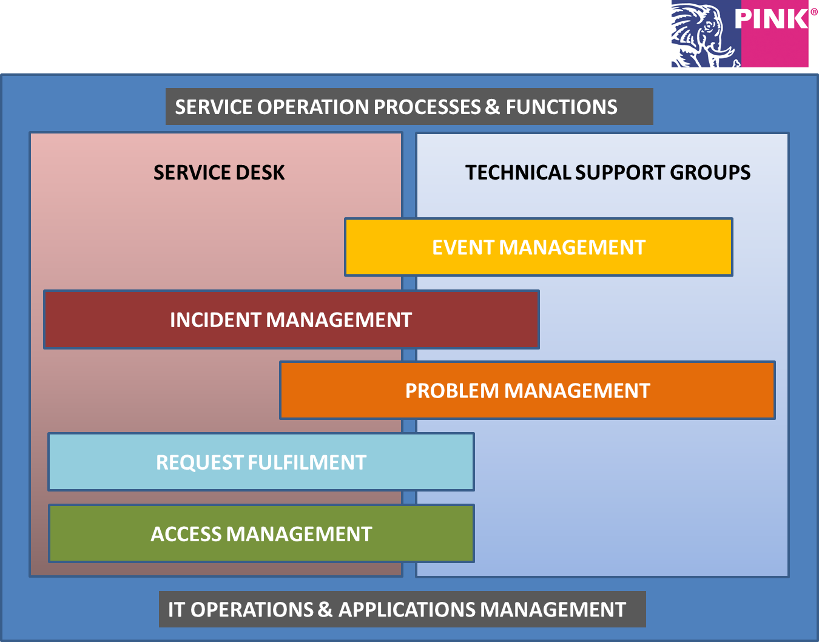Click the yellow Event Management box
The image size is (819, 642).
point(539,247)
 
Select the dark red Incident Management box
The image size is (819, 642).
point(291,319)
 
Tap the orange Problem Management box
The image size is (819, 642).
point(527,390)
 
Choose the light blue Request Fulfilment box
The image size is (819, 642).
point(261,462)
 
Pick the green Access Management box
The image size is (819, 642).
point(261,533)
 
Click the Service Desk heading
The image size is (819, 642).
point(219,173)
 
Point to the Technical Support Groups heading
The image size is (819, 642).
point(608,173)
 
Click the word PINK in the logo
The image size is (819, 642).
point(771,19)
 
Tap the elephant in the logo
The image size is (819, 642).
point(703,35)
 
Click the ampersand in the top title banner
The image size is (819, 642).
point(492,107)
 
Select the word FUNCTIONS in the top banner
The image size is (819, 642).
point(562,107)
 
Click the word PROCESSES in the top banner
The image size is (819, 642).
point(428,107)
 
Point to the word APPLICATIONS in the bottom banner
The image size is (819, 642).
point(407,610)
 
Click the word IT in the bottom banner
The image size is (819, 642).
point(177,610)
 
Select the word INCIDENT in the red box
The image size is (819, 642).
point(215,320)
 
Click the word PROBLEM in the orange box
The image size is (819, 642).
point(452,391)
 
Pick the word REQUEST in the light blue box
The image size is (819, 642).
point(200,462)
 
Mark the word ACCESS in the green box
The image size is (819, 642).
point(186,534)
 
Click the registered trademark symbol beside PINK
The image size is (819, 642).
point(814,12)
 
